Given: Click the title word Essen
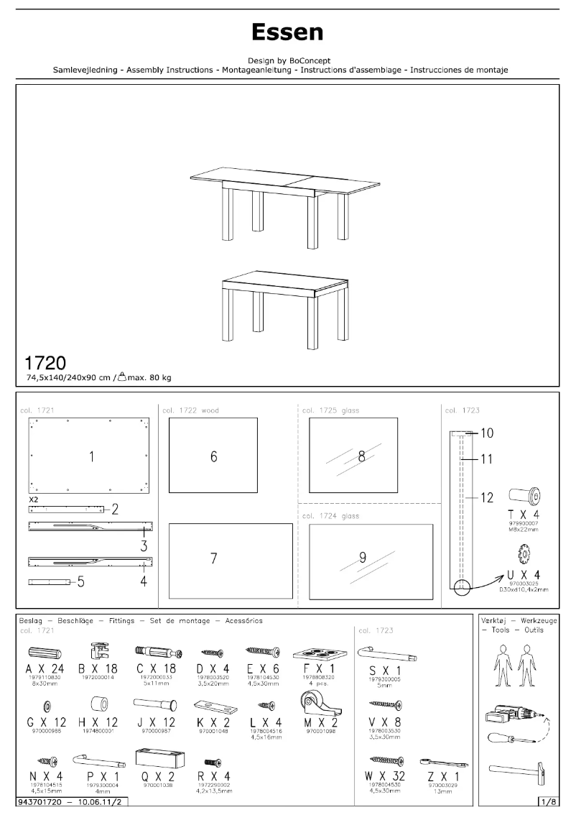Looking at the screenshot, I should click(x=287, y=32).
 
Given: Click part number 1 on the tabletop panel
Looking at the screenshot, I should click(x=91, y=456).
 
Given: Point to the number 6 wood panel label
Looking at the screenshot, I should click(x=214, y=456).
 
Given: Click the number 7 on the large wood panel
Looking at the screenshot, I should click(x=214, y=558).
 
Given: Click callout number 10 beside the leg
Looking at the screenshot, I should click(x=486, y=433).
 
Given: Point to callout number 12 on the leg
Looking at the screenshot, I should click(x=486, y=497).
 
